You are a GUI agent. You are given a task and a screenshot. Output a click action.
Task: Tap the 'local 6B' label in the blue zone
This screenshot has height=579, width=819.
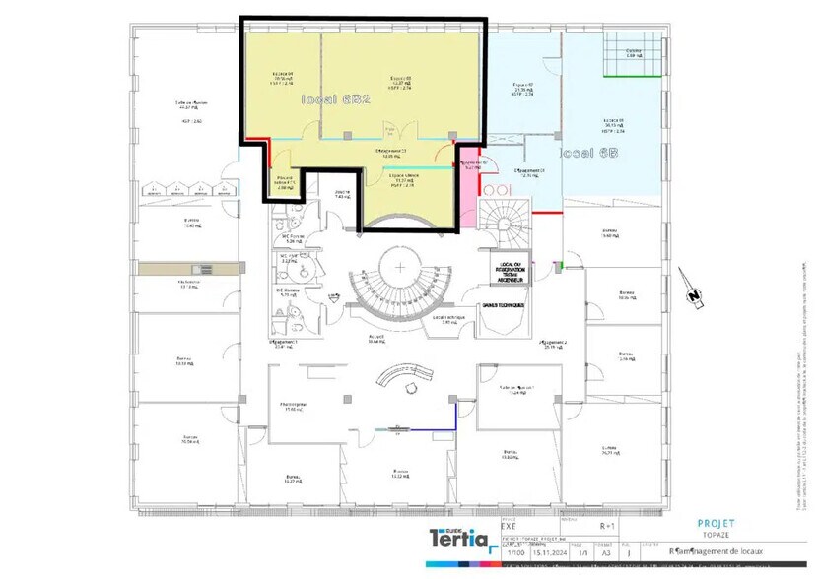pos(589,154)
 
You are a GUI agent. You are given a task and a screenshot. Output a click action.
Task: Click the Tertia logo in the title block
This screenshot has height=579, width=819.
pos(458,539)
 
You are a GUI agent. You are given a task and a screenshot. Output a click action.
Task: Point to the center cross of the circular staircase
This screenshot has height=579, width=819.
pos(401,267)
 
